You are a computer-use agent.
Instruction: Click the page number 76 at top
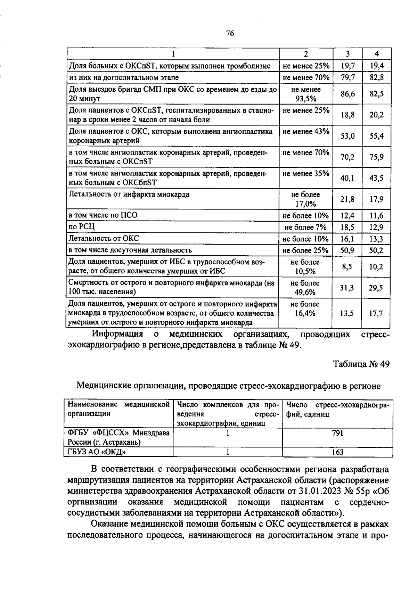click(x=230, y=33)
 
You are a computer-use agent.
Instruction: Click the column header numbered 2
click(x=306, y=54)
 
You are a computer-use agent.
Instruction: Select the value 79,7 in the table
click(x=347, y=77)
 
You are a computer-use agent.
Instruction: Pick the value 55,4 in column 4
click(x=376, y=136)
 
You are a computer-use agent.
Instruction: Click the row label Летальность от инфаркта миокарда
click(x=129, y=195)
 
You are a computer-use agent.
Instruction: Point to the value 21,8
click(x=347, y=199)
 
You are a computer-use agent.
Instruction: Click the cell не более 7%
click(x=305, y=228)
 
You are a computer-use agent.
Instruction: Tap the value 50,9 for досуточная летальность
click(x=347, y=250)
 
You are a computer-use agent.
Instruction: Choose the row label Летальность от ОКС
click(x=104, y=239)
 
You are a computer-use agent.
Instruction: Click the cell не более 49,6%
click(x=305, y=288)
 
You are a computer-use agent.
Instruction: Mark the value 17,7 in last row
click(x=376, y=314)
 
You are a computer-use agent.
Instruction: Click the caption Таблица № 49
click(x=361, y=364)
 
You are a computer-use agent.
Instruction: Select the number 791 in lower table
click(x=337, y=433)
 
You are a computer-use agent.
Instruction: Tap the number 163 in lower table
click(x=337, y=452)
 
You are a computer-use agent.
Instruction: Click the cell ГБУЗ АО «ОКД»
click(x=97, y=452)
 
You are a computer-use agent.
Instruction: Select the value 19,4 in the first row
click(x=376, y=66)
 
